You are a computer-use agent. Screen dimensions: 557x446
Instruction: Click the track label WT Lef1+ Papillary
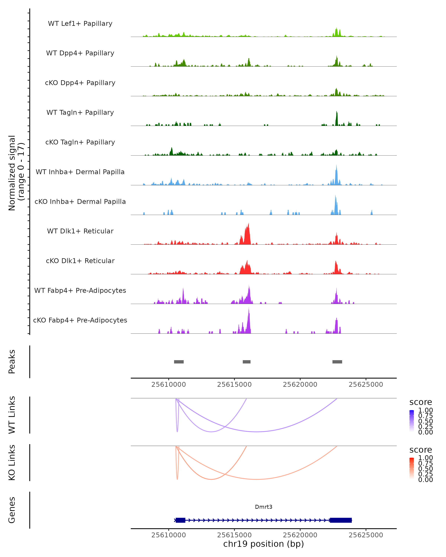[80, 24]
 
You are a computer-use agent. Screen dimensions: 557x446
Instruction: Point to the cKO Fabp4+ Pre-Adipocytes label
[80, 320]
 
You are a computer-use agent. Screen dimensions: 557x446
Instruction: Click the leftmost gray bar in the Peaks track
[179, 362]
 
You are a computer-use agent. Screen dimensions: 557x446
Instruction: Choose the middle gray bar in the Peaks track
[246, 362]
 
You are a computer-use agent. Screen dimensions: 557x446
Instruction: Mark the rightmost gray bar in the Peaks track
[337, 362]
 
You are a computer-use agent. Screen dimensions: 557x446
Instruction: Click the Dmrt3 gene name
[264, 507]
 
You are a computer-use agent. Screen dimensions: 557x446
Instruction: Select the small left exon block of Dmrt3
[180, 520]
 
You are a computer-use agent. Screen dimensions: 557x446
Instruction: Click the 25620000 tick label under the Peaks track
[300, 385]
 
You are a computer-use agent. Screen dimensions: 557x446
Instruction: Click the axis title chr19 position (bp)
[264, 544]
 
